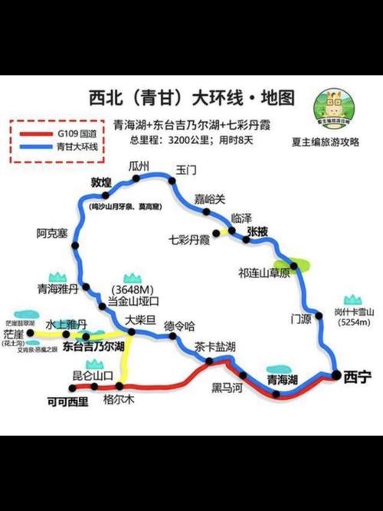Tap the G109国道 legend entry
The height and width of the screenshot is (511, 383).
click(x=73, y=134)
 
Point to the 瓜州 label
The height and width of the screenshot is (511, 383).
click(x=139, y=166)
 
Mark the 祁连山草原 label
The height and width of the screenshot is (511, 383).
click(x=264, y=273)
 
